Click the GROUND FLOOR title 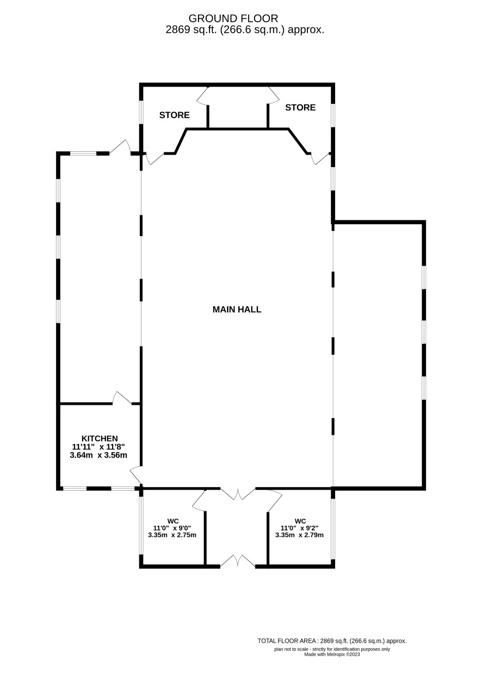click(233, 19)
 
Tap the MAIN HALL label click(237, 309)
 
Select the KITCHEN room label click(100, 439)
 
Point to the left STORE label click(175, 115)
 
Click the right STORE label click(300, 107)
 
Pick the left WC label click(173, 521)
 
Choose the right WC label click(300, 521)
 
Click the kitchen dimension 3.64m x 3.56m click(98, 455)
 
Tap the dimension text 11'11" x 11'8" click(98, 447)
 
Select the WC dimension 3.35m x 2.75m click(172, 535)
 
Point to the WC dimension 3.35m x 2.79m click(300, 535)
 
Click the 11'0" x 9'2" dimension click(300, 528)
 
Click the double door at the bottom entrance click(238, 560)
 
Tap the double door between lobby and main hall click(238, 494)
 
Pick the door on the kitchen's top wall click(122, 398)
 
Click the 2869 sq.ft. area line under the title click(245, 30)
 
